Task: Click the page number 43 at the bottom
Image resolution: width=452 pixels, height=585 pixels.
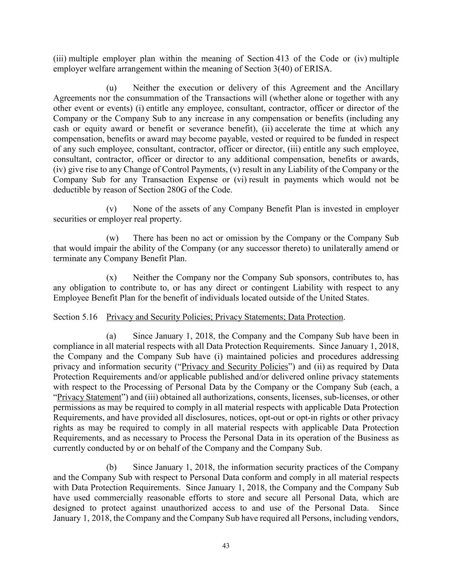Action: [x=226, y=546]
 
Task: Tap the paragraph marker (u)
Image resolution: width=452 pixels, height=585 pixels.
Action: [x=111, y=88]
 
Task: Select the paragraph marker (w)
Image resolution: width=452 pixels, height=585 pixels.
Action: [x=112, y=238]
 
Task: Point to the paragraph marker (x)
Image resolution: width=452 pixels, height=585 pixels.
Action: [x=111, y=278]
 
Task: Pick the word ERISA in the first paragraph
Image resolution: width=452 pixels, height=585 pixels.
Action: [x=318, y=69]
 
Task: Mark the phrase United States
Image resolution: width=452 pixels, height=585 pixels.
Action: [x=345, y=298]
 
